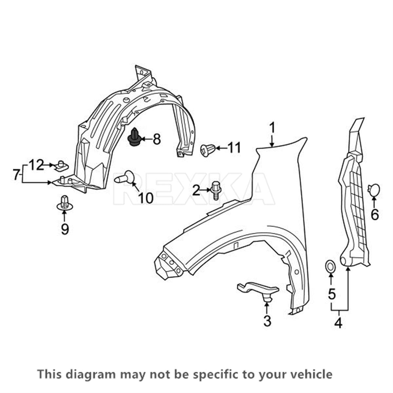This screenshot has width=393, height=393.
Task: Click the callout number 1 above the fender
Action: click(x=272, y=128)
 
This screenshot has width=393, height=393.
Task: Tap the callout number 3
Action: click(x=267, y=321)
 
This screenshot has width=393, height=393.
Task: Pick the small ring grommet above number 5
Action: click(x=330, y=266)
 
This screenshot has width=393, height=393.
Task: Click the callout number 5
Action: click(x=331, y=294)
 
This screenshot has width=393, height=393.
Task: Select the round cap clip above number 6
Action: click(x=374, y=190)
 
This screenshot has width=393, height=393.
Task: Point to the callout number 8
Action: click(x=157, y=140)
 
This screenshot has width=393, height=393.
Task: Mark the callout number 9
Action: click(x=65, y=229)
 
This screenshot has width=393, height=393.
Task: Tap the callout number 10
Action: click(x=145, y=197)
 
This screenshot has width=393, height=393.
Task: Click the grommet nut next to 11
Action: click(x=207, y=150)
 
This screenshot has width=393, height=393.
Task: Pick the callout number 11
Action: click(x=234, y=148)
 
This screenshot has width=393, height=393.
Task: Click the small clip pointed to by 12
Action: click(x=61, y=166)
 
